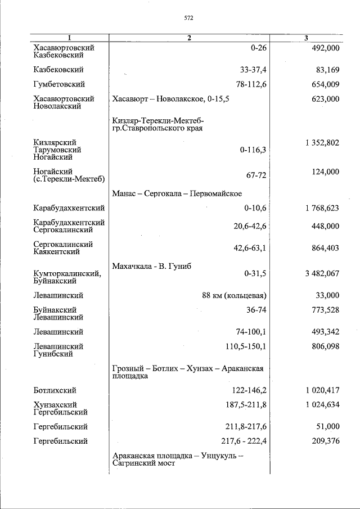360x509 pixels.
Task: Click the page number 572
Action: [x=188, y=18]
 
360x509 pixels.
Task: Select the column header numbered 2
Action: [x=189, y=38]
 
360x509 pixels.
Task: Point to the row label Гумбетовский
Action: [x=59, y=84]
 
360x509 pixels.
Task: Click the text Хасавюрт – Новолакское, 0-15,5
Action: [x=171, y=99]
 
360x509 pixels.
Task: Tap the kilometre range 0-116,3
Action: [x=253, y=150]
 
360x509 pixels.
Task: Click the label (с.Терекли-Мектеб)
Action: [x=69, y=179]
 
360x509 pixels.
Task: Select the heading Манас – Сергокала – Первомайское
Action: [x=177, y=193]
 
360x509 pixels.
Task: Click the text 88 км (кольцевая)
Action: [x=234, y=295]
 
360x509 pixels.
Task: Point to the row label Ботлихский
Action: [x=55, y=390]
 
